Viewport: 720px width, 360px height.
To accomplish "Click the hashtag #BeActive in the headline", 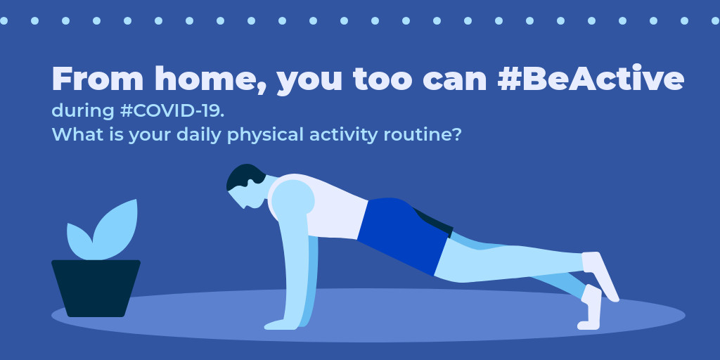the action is click(x=591, y=79).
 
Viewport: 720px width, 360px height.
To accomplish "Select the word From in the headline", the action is click(x=98, y=79).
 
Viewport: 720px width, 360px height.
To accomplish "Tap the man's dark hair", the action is click(x=245, y=176).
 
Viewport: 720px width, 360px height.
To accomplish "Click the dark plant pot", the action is click(x=96, y=288).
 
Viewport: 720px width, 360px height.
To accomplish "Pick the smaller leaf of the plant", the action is click(x=79, y=241).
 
